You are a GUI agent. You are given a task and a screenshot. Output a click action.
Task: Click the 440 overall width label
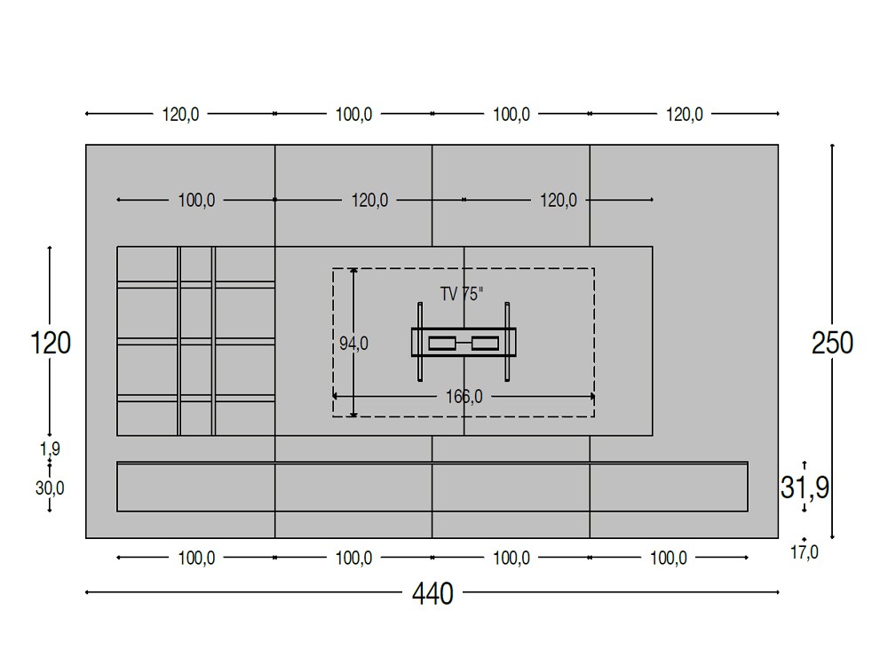pyautogui.click(x=432, y=593)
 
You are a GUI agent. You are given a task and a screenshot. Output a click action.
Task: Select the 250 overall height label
pyautogui.click(x=832, y=343)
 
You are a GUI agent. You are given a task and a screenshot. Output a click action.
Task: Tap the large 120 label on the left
pyautogui.click(x=51, y=343)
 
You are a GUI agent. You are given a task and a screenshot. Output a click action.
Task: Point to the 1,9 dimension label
pyautogui.click(x=50, y=449)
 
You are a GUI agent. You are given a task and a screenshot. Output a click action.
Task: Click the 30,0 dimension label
pyautogui.click(x=50, y=488)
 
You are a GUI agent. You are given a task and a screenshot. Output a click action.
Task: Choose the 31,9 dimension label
pyautogui.click(x=805, y=487)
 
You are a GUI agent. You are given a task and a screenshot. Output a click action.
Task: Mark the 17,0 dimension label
pyautogui.click(x=805, y=552)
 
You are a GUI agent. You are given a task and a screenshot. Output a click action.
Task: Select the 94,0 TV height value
pyautogui.click(x=354, y=343)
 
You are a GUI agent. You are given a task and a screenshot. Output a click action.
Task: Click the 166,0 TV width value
pyautogui.click(x=464, y=396)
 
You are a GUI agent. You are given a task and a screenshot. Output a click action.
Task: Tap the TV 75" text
pyautogui.click(x=462, y=294)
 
